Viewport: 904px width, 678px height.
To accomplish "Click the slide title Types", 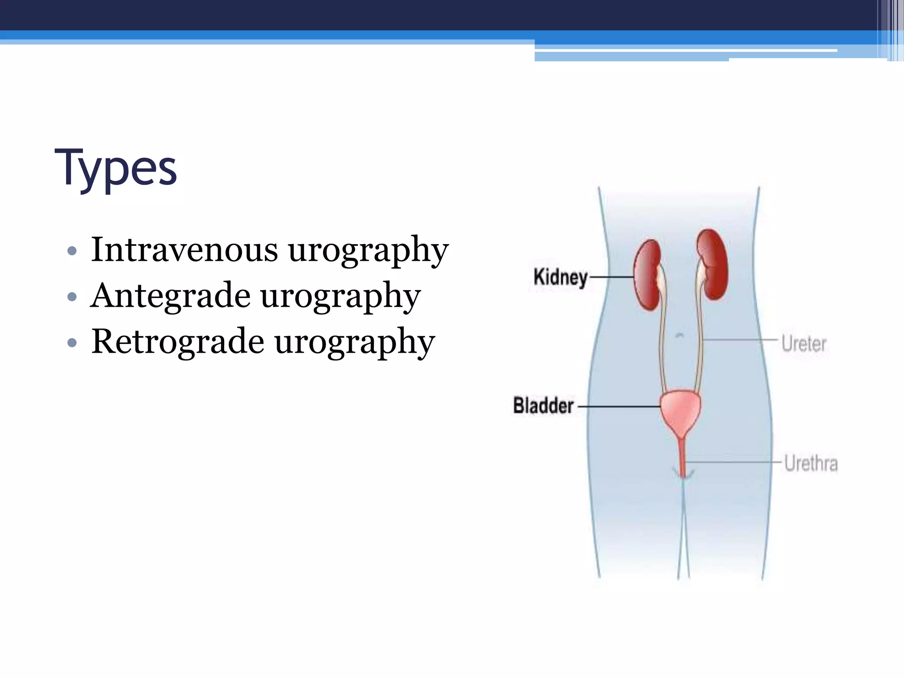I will coord(116,168).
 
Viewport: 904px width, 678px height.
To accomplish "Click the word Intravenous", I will coord(184,250).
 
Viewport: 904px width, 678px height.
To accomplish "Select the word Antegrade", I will coord(170,296).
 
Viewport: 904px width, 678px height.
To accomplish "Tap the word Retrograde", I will coord(177,342).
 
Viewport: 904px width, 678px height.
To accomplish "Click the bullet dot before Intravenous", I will coord(72,252).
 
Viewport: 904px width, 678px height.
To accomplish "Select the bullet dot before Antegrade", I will coord(72,297).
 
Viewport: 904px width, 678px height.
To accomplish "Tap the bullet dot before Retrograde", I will coord(72,343).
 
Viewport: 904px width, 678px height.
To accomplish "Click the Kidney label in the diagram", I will coord(560,278).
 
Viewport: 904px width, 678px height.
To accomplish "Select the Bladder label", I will coord(543,406).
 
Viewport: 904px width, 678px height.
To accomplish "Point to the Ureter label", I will coord(803,344).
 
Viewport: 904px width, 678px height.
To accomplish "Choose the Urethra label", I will coord(810,464).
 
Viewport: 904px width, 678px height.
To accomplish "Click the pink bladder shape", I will coord(680,411).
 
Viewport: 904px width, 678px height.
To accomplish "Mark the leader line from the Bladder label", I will coord(618,407).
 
